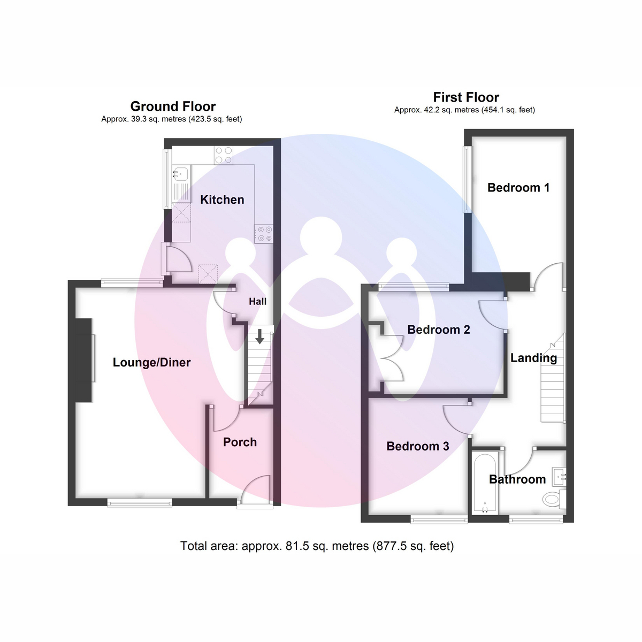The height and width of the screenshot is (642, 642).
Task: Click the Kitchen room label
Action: [222, 200]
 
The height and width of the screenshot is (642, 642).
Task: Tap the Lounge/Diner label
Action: [151, 363]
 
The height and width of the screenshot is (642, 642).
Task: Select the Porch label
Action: [240, 442]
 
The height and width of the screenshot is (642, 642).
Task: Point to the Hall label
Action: [257, 302]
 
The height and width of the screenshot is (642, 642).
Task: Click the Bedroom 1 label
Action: [518, 188]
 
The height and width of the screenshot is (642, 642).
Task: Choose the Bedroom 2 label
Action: [439, 330]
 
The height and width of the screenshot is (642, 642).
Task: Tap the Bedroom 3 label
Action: [417, 446]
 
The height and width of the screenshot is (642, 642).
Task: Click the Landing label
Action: [534, 358]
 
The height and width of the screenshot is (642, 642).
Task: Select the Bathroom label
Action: [517, 479]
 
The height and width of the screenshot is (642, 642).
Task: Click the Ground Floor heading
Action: [173, 106]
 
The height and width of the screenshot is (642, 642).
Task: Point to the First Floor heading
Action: [466, 97]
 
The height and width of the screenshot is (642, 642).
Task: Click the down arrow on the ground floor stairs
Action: [260, 337]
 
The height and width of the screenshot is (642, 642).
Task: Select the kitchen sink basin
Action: [181, 173]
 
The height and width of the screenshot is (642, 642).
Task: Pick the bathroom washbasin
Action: [559, 477]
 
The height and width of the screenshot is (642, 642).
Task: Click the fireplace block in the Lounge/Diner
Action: [83, 361]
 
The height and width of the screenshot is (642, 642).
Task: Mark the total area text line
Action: [317, 546]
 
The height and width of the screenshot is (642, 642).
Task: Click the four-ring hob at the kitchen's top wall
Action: [224, 155]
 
